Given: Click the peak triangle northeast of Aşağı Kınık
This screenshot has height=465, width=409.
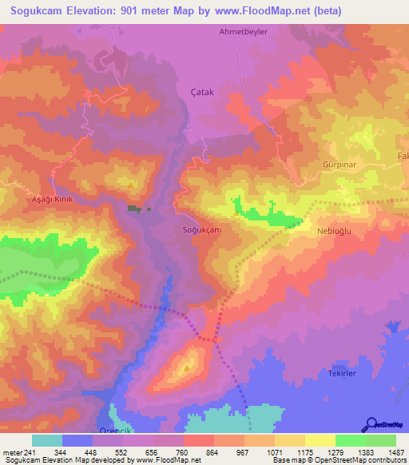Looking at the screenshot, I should point(131,185).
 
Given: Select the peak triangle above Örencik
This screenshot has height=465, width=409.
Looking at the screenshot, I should point(187,368).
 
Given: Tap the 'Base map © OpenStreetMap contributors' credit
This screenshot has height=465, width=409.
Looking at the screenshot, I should point(339,460).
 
